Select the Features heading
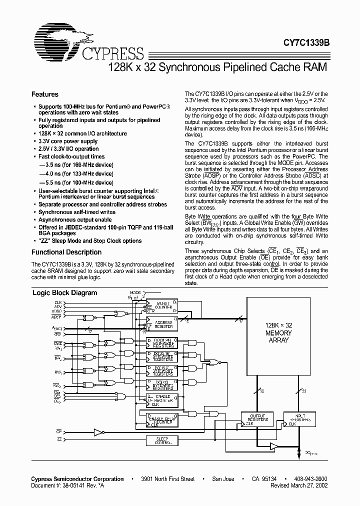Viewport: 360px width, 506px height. pyautogui.click(x=45, y=94)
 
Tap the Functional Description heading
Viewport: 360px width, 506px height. pyautogui.click(x=66, y=252)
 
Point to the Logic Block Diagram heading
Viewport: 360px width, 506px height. pyautogui.click(x=65, y=293)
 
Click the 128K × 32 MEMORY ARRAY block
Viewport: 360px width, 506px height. pyautogui.click(x=277, y=332)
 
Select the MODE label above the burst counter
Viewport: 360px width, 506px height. pyautogui.click(x=135, y=291)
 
